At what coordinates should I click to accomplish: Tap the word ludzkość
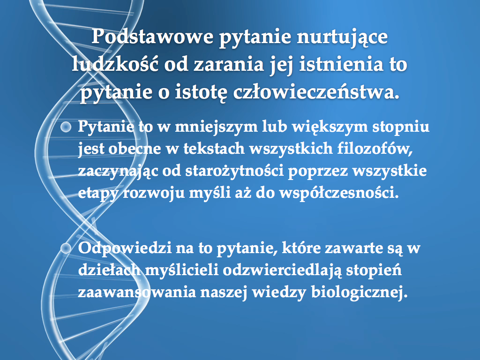point(115,64)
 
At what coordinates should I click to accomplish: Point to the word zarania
point(229,65)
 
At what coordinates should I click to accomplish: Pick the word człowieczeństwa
point(316,92)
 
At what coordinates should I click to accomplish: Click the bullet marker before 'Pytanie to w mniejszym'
point(66,127)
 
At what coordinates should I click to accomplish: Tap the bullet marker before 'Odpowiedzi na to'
point(66,248)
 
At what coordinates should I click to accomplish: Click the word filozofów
point(375,149)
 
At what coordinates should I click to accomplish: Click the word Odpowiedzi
point(125,248)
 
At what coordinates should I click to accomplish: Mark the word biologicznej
point(360,292)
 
